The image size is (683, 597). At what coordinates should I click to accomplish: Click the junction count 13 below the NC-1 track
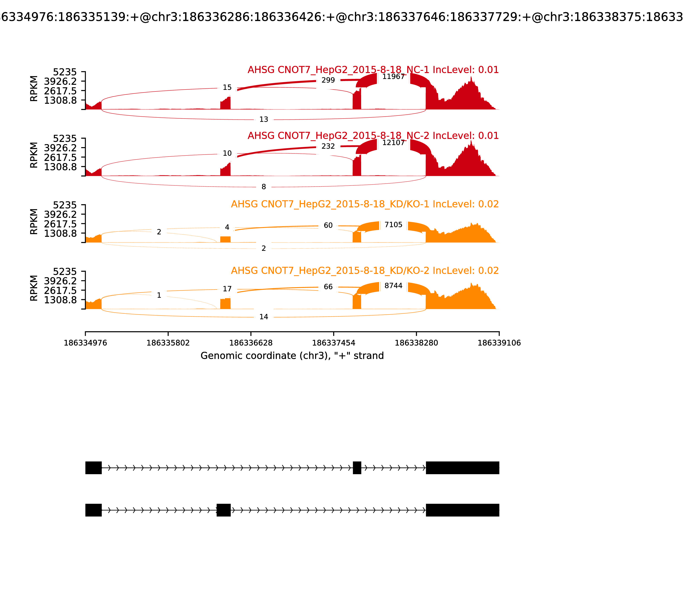click(x=263, y=119)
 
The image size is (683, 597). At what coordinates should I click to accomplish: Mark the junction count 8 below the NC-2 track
click(x=263, y=187)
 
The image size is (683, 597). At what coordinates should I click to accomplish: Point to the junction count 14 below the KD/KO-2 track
click(x=263, y=317)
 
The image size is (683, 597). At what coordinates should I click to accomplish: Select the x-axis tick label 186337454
click(x=333, y=343)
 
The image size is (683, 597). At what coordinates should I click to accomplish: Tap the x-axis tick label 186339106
click(x=499, y=343)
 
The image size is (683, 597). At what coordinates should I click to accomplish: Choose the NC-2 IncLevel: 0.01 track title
click(x=373, y=136)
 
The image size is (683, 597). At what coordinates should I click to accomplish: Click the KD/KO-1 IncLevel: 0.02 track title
click(x=365, y=204)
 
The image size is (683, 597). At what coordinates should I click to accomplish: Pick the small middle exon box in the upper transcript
click(x=357, y=468)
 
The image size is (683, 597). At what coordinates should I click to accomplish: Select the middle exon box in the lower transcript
click(x=223, y=510)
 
